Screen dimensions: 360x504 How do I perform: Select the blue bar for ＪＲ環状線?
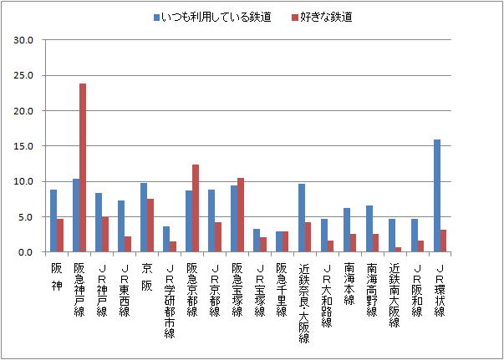coord(437,195)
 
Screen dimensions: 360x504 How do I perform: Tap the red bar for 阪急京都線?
coord(196,208)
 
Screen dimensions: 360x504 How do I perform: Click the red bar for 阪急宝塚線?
coord(241,215)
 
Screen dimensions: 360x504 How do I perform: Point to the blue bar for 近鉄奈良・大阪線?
coord(302,218)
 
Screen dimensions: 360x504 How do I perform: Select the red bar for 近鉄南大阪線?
coord(400,249)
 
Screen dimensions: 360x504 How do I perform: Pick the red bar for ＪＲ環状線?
coord(445,241)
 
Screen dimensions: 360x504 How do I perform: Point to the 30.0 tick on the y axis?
coord(24,40)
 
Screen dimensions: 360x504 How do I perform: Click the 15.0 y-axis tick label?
coord(24,146)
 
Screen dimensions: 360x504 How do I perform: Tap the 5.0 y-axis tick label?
coord(26,217)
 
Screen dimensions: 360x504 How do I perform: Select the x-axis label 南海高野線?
coord(373,293)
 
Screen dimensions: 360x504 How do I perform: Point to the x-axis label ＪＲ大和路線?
coord(328,293)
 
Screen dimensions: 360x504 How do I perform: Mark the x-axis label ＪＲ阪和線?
coord(418,288)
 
